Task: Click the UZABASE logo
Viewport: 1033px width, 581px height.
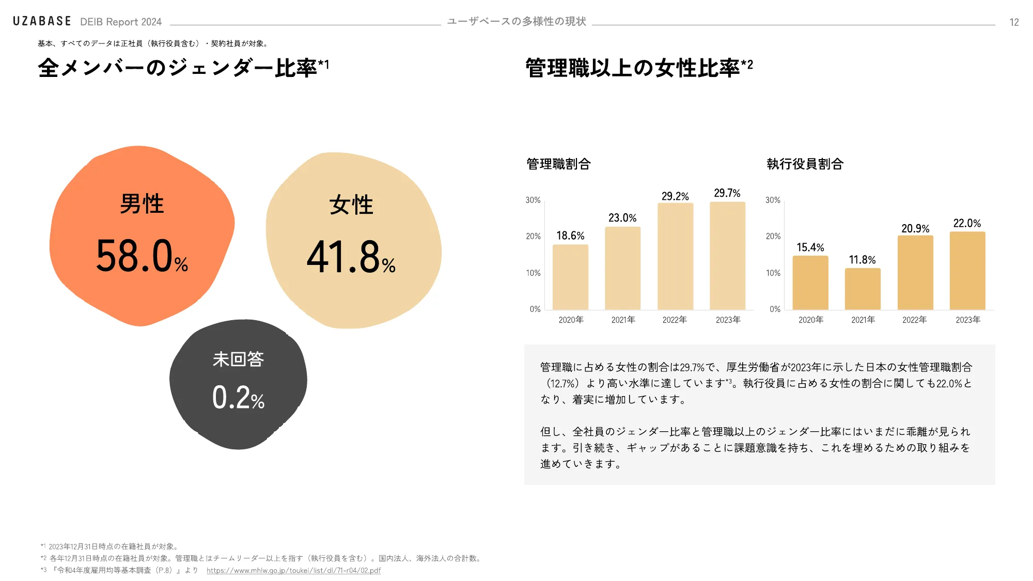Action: point(42,21)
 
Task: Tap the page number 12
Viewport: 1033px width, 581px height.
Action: point(1014,22)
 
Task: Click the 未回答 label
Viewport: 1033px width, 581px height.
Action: point(238,359)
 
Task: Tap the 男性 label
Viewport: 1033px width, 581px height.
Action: point(142,204)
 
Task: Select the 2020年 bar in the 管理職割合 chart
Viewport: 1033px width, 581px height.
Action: point(570,277)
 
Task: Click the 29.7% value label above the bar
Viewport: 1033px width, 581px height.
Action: point(727,193)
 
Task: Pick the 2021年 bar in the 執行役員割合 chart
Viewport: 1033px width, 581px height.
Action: point(863,289)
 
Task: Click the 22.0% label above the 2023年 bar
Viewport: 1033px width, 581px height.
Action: point(967,223)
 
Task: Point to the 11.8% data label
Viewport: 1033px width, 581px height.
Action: point(862,260)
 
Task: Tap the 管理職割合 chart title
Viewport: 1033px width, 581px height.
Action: point(558,164)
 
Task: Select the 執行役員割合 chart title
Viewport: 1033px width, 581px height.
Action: point(805,164)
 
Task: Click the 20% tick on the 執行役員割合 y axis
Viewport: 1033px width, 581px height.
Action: point(773,237)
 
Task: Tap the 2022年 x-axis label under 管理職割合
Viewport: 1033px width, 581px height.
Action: point(675,320)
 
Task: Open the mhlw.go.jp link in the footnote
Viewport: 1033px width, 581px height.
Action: point(293,571)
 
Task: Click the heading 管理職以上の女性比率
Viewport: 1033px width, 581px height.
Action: point(633,68)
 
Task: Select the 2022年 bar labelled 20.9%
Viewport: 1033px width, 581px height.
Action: point(915,273)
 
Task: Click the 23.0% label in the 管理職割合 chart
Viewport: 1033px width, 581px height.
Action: point(622,218)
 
